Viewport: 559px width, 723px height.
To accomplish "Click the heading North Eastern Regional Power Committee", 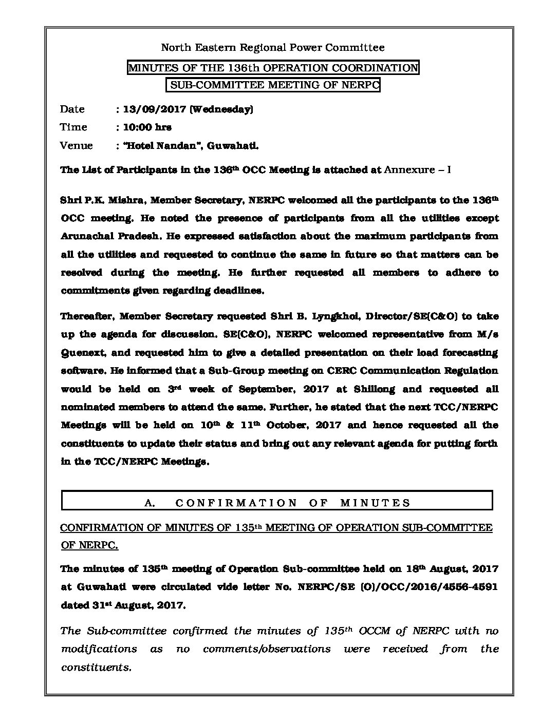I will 273,48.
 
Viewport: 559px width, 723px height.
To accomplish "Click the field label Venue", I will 76,145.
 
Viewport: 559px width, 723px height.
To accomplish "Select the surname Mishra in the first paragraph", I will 119,200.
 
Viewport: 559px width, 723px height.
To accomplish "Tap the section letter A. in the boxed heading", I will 150,503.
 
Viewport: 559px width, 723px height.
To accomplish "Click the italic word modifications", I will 99,649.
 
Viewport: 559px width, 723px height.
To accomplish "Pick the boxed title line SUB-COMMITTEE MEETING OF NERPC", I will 274,85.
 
